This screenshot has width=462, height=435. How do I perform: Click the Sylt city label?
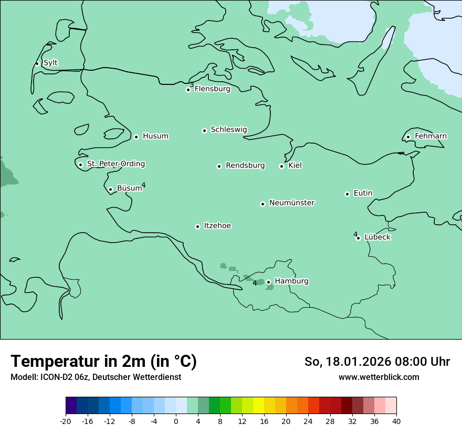pos(50,63)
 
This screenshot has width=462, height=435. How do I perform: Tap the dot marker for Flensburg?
pos(188,90)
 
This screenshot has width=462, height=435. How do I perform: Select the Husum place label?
pos(155,136)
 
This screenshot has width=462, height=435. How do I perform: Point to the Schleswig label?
pos(228,129)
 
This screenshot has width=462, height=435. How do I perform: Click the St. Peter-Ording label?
pos(115,164)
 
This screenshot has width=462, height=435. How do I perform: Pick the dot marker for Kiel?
pos(281,166)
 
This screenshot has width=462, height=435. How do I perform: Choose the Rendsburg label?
pos(245,166)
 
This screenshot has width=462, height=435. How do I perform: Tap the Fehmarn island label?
pos(430,136)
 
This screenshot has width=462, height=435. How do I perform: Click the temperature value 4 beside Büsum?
pos(143,185)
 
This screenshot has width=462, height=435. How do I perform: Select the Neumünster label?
pos(292,203)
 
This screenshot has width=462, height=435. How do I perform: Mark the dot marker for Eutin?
pos(347,194)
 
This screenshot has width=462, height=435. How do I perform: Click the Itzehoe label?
pos(217,226)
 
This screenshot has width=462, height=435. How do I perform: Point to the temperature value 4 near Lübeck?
pos(355,234)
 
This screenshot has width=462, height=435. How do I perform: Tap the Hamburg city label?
pos(291,281)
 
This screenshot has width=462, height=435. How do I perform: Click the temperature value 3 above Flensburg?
pos(192,85)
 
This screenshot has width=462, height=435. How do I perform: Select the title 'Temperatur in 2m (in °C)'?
pos(103,362)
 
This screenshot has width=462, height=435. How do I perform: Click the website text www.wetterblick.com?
pos(379,377)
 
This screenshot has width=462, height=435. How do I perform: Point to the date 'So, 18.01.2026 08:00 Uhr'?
pos(377,362)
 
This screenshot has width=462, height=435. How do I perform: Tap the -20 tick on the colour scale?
pos(66,421)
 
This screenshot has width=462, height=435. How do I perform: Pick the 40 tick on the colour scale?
pos(396,421)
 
